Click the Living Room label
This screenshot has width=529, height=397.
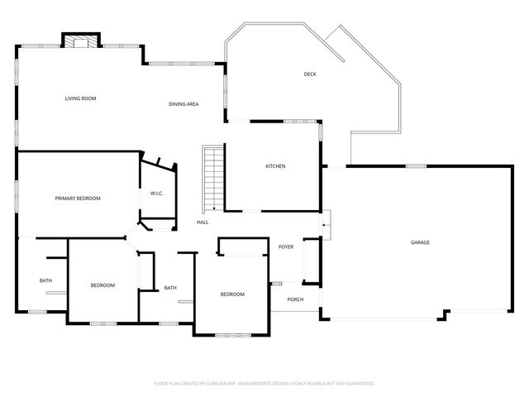81,98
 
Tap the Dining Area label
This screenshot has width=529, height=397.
183,104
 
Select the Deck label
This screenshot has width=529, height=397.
310,74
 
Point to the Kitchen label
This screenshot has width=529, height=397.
275,166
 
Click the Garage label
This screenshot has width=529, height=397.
420,242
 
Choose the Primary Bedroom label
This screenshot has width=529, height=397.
78,198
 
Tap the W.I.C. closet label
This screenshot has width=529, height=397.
157,194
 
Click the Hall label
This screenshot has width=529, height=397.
203,222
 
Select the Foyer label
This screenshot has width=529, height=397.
286,246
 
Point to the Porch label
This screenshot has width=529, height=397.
294,299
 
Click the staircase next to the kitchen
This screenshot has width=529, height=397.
213,177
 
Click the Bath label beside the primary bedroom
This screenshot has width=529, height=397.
45,280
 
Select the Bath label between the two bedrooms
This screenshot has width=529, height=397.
170,288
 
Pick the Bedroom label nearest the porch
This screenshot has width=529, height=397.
232,294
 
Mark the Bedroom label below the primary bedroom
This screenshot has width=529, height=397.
102,285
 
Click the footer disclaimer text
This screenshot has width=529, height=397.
264,383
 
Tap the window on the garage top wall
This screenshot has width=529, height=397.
416,166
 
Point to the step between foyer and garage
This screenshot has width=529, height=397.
326,221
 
